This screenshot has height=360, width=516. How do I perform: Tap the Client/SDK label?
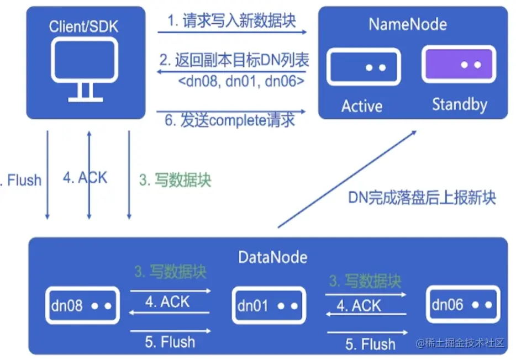[x=83, y=25]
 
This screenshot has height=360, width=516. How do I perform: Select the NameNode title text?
[x=408, y=24]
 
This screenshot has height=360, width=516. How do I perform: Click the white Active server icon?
[x=363, y=66]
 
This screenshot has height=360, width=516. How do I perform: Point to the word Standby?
[x=459, y=104]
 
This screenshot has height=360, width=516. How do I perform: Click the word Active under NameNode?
[x=362, y=105]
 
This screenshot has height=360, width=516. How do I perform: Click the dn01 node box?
[x=268, y=305]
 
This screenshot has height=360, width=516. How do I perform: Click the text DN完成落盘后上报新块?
[x=422, y=197]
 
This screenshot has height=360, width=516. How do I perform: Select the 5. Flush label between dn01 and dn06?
[x=370, y=344]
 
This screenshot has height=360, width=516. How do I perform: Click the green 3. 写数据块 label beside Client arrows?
[x=175, y=181]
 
